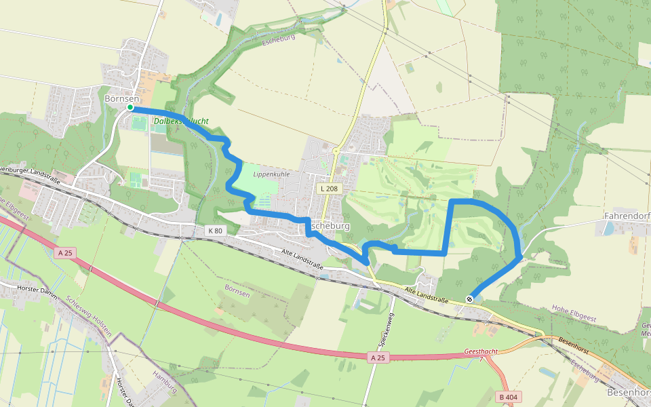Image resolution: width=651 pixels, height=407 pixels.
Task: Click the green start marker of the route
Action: coord(130,107)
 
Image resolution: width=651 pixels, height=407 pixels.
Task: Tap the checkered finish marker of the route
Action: coord(469,299)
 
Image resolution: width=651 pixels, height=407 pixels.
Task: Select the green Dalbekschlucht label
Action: coord(180,121)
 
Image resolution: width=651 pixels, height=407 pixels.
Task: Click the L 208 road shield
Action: coord(329,188)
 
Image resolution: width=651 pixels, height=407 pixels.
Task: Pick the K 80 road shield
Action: coord(214,231)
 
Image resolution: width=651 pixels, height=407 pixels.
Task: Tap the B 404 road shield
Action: coord(508,396)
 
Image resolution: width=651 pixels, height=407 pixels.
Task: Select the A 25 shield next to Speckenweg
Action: coord(378,357)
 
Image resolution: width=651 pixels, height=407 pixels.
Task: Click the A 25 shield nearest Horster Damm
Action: coord(64,253)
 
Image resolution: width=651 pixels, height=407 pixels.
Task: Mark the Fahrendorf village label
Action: coord(625,216)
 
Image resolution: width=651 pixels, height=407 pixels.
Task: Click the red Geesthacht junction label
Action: coord(482,352)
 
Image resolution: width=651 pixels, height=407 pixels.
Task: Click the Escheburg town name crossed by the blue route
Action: coord(330,225)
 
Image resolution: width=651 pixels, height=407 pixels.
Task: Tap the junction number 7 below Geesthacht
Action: coord(481,360)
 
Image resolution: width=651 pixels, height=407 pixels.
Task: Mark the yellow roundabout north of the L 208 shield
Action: coord(336,150)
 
